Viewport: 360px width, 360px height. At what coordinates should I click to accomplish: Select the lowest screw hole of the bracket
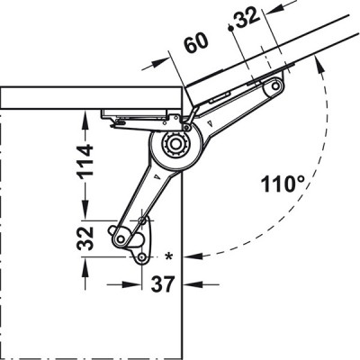click(141, 258)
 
